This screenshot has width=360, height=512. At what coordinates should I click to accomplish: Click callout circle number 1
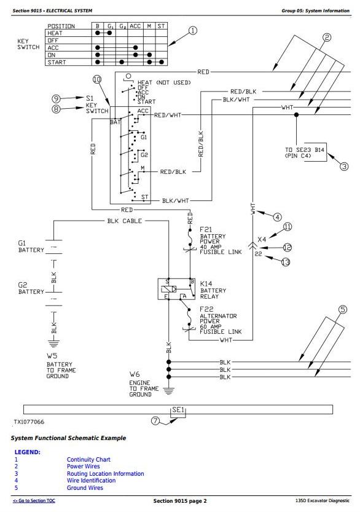coord(193,31)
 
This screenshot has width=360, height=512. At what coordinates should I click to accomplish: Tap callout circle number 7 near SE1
coord(155,421)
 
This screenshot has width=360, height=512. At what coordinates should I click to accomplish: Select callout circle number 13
coord(286,262)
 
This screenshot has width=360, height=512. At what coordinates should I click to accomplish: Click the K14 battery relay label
coord(213,290)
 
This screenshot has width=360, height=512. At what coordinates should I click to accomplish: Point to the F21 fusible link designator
coord(206,229)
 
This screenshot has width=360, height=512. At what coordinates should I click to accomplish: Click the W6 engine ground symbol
coord(168,390)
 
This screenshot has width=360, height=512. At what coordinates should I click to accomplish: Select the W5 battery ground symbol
coord(54,343)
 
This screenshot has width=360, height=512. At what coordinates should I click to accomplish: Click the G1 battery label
coord(31,246)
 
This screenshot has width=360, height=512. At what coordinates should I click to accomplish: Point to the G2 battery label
coord(31,288)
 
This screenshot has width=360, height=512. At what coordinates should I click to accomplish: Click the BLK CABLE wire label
coord(124,221)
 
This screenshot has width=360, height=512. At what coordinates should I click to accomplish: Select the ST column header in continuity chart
coord(161,26)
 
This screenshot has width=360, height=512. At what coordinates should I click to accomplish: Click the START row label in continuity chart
coord(57,62)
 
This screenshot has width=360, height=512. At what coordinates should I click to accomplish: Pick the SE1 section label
coord(178,409)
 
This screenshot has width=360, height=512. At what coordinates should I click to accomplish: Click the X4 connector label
coord(262,239)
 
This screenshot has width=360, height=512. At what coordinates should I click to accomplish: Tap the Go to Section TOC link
coord(34,500)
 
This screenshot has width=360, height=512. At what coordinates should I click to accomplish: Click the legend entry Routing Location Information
coord(106,473)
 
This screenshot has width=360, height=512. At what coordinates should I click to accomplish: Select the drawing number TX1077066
coord(29,422)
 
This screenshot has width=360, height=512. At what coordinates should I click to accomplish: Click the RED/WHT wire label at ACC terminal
coord(168,115)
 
